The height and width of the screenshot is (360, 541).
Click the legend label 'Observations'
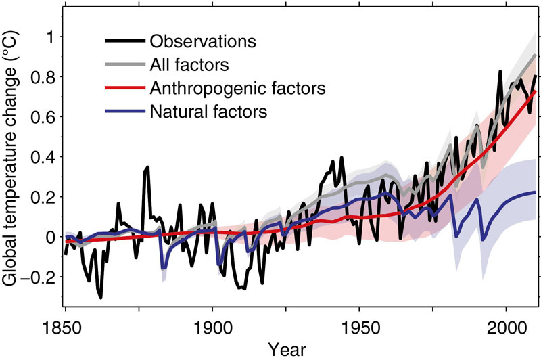pos(203,41)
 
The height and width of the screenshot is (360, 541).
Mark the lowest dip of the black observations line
pos(101,297)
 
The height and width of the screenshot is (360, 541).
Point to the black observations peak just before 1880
pos(147,166)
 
